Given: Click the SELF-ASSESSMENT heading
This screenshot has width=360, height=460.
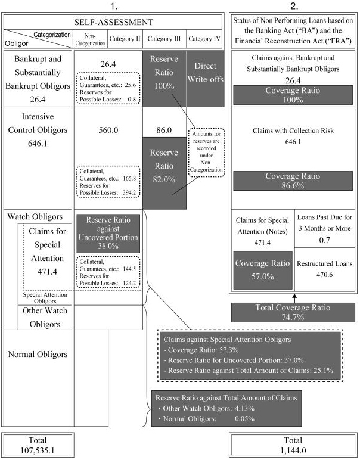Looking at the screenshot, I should [x=113, y=22].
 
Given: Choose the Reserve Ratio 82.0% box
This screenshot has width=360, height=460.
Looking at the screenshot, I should [x=165, y=172].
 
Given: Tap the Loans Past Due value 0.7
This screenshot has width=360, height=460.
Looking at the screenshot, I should [x=325, y=240].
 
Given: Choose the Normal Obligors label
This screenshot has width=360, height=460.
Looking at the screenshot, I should [x=38, y=354].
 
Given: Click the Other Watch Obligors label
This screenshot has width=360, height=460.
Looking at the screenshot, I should [x=41, y=317].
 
